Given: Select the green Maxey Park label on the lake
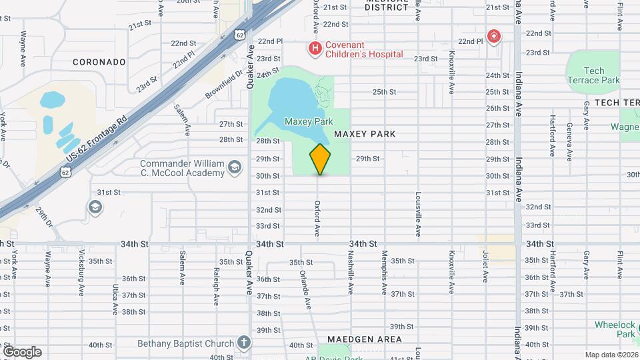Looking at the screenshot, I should pyautogui.click(x=308, y=121).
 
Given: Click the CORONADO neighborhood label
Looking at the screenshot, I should pyautogui.click(x=99, y=62).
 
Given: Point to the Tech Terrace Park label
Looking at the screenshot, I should pyautogui.click(x=593, y=75).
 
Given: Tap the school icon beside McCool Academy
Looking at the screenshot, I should pyautogui.click(x=234, y=167).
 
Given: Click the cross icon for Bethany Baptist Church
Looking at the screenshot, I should pyautogui.click(x=244, y=343).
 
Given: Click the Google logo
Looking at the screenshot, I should pyautogui.click(x=22, y=352).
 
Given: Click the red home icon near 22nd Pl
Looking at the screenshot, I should pyautogui.click(x=493, y=36).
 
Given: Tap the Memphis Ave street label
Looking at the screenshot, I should pyautogui.click(x=385, y=272).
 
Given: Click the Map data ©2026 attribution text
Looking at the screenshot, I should pyautogui.click(x=611, y=355).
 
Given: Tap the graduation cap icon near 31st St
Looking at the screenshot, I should pyautogui.click(x=95, y=207).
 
